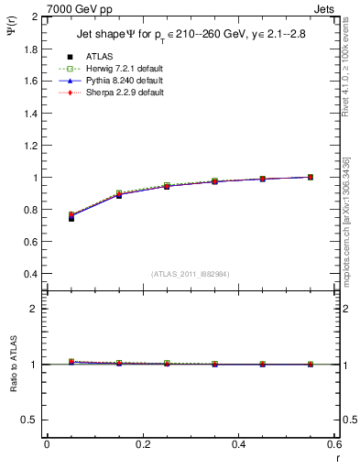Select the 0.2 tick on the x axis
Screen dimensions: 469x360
[x=143, y=444]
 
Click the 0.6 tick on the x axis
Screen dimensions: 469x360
[x=333, y=444]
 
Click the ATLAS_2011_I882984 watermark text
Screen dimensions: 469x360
[x=191, y=274]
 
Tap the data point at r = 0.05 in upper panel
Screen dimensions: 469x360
[x=71, y=217]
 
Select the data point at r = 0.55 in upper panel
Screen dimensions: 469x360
[x=311, y=177]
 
